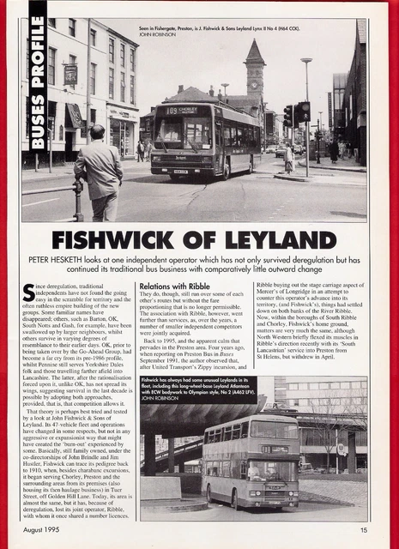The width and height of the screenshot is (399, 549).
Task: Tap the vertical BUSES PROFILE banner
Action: (37, 86)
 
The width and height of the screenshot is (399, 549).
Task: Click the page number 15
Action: (364, 529)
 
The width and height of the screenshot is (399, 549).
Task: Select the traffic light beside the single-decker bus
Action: (301, 112)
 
